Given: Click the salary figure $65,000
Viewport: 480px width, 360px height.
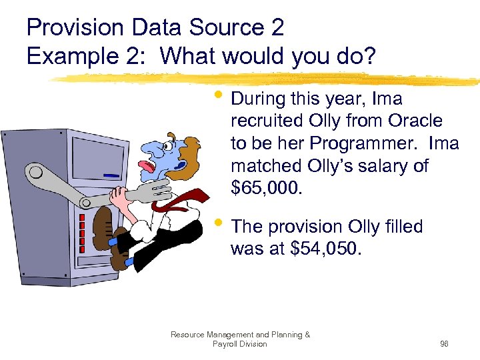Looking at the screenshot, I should [266, 189].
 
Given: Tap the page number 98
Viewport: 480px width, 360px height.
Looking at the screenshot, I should [444, 344].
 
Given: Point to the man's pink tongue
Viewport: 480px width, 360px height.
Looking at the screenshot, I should [145, 164].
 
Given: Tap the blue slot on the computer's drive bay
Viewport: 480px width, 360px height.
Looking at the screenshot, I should [113, 177].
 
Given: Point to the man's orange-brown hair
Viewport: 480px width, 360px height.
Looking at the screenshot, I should [191, 150].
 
